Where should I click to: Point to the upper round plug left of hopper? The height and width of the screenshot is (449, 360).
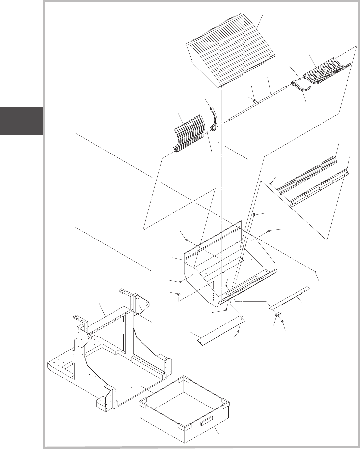(181, 282)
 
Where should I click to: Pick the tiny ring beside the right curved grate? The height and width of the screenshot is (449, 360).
(300, 78)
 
